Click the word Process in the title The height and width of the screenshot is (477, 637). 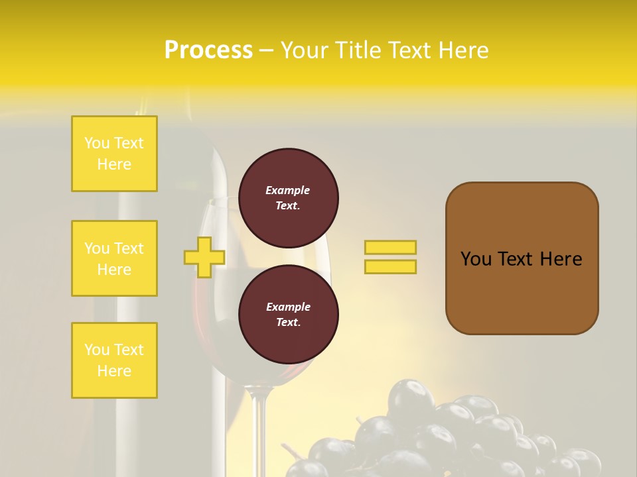(x=208, y=50)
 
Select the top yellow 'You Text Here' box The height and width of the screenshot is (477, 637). (x=114, y=154)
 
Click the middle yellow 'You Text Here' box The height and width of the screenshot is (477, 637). (x=114, y=258)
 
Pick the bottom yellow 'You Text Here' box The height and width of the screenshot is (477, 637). (x=114, y=360)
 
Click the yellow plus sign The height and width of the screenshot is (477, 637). (x=204, y=257)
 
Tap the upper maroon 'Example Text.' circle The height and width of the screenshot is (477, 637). (x=288, y=198)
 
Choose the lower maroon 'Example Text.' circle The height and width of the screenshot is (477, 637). (x=288, y=315)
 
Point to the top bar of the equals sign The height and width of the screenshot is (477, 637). (x=390, y=248)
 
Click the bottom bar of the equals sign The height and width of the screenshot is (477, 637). (x=390, y=266)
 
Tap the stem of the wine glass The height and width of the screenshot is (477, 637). (x=259, y=431)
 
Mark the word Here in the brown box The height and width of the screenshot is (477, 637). (x=561, y=259)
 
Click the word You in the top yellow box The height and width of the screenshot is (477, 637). (x=97, y=143)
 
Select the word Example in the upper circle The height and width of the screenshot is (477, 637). (x=287, y=190)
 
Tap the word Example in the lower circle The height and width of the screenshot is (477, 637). (x=288, y=307)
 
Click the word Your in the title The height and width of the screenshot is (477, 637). (x=305, y=50)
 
